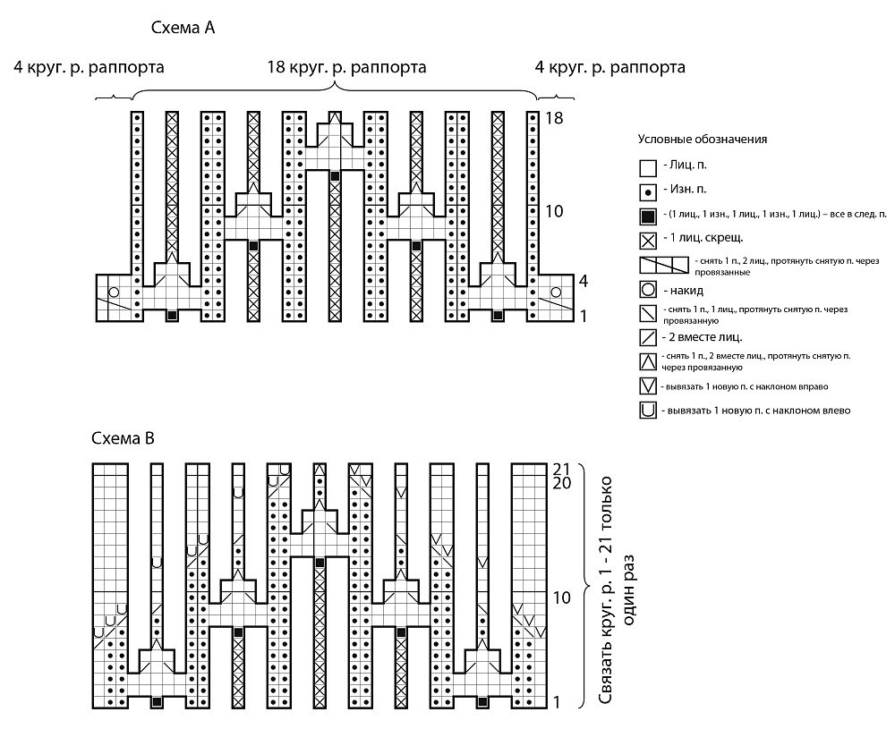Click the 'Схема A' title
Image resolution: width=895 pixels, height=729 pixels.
pyautogui.click(x=183, y=28)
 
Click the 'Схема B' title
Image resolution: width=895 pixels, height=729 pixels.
pyautogui.click(x=123, y=438)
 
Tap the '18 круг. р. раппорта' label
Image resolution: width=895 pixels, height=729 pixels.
pyautogui.click(x=346, y=67)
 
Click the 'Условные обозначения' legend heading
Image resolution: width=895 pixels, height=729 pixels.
pyautogui.click(x=702, y=140)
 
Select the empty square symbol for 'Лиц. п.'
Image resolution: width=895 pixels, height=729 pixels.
pyautogui.click(x=648, y=168)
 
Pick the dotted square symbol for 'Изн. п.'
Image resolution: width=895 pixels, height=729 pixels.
pyautogui.click(x=648, y=192)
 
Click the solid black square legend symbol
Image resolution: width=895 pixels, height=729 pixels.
pyautogui.click(x=648, y=216)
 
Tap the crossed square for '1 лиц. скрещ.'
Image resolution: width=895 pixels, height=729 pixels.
pyautogui.click(x=648, y=241)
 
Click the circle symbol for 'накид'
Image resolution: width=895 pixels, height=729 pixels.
pyautogui.click(x=648, y=290)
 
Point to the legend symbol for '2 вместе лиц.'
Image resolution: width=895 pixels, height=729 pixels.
pyautogui.click(x=648, y=338)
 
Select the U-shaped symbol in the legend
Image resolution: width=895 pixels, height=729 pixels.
pyautogui.click(x=648, y=411)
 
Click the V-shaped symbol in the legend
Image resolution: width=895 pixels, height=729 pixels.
pyautogui.click(x=648, y=386)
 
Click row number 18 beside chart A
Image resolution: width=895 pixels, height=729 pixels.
pyautogui.click(x=554, y=118)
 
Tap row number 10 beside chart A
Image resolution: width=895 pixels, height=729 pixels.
pyautogui.click(x=554, y=211)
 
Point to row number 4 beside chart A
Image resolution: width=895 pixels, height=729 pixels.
pyautogui.click(x=583, y=281)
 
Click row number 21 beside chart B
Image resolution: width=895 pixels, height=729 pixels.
pyautogui.click(x=562, y=470)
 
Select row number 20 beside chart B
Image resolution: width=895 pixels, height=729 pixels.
pyautogui.click(x=562, y=483)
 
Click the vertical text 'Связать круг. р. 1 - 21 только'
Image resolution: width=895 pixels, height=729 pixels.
pyautogui.click(x=606, y=591)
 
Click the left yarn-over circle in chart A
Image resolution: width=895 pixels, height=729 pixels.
pyautogui.click(x=114, y=292)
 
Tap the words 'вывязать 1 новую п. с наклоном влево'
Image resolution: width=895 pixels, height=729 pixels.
pyautogui.click(x=759, y=411)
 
